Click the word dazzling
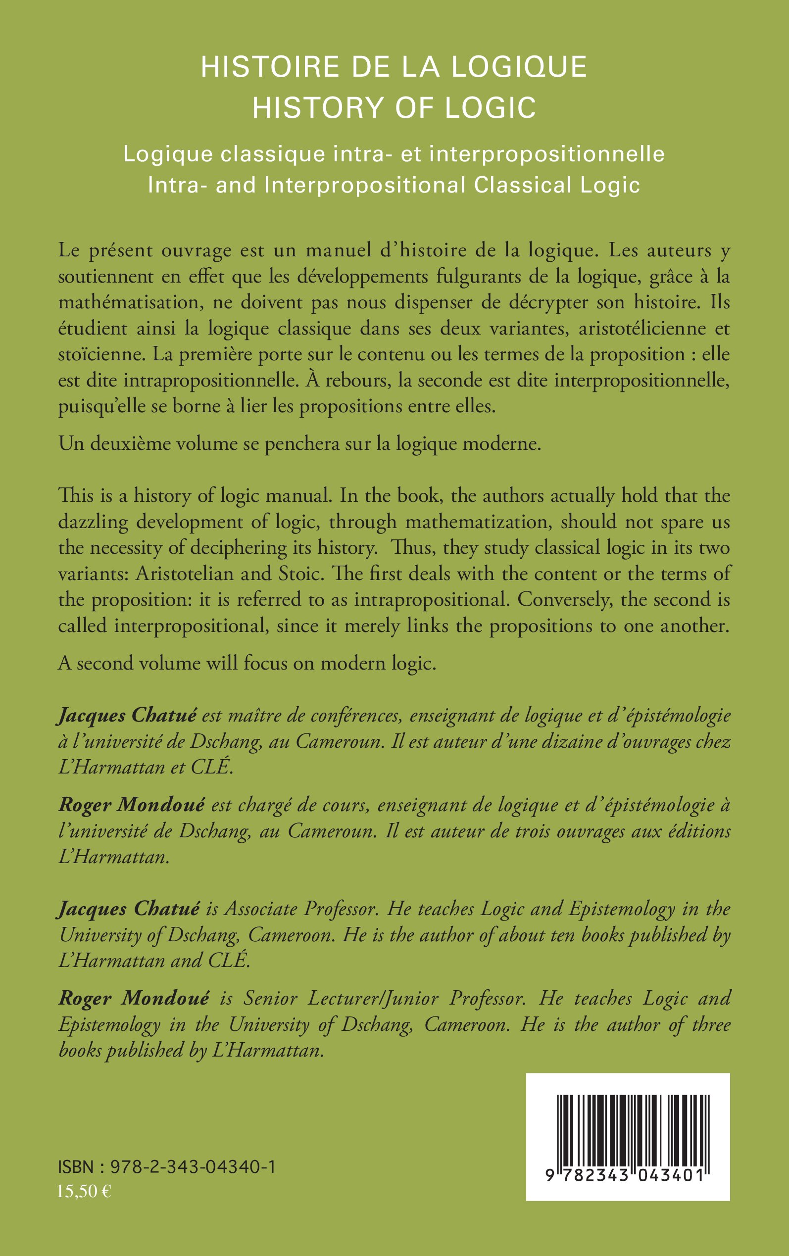click(94, 522)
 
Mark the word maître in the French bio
click(252, 715)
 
